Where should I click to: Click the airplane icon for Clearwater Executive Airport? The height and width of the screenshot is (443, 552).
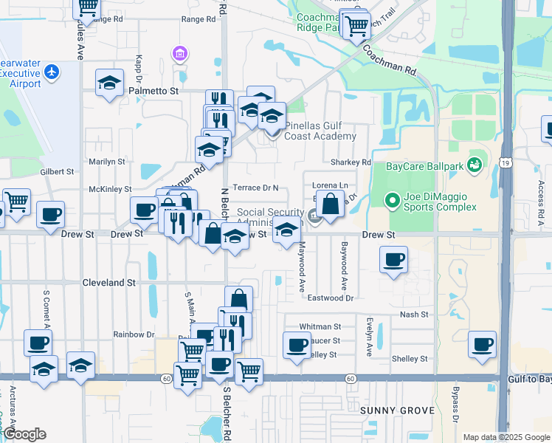(51, 72)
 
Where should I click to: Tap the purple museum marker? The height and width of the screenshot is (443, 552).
(179, 54)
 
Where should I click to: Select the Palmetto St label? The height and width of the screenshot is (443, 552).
(154, 91)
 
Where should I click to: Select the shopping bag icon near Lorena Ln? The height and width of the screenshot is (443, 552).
(332, 205)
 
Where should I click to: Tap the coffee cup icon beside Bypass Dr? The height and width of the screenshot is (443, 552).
(483, 344)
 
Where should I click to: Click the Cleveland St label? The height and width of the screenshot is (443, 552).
(111, 282)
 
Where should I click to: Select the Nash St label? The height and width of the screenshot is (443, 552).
(414, 315)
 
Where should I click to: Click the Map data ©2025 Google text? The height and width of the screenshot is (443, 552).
(506, 437)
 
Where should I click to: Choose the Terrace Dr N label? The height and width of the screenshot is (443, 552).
(255, 188)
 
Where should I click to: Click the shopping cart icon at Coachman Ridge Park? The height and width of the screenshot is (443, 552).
(356, 27)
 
